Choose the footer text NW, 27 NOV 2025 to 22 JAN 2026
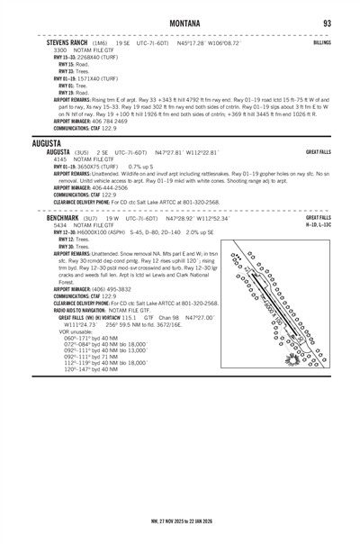click(x=179, y=519)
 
